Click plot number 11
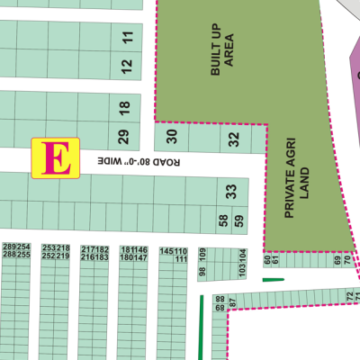[127, 38]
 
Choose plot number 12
[127, 65]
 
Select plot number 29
[124, 137]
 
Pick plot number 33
[231, 191]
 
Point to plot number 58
[223, 220]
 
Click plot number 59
[238, 220]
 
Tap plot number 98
[202, 271]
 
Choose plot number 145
[166, 250]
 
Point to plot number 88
[220, 299]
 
